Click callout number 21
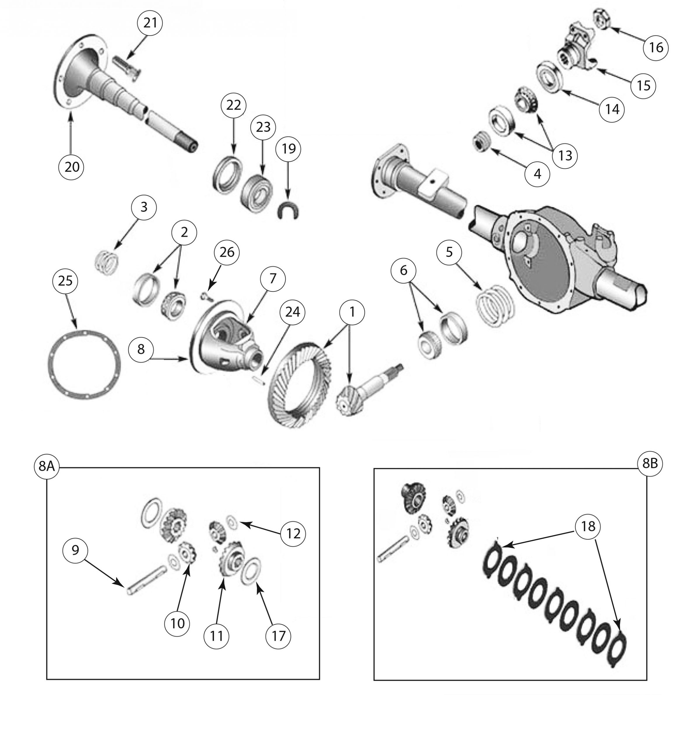150,23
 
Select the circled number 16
656,48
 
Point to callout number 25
65,281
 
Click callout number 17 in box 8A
278,636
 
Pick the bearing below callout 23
256,193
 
